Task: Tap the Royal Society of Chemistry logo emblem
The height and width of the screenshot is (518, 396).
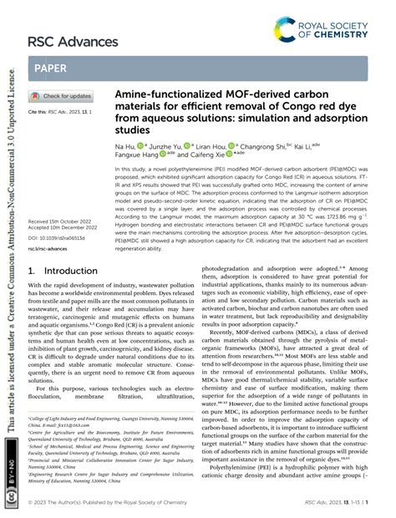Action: [289, 32]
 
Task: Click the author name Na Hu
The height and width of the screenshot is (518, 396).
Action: [125, 145]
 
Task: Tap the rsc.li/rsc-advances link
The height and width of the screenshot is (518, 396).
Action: [48, 249]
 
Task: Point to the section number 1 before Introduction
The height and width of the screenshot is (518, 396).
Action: [32, 272]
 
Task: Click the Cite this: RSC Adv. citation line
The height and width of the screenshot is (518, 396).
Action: [55, 111]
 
